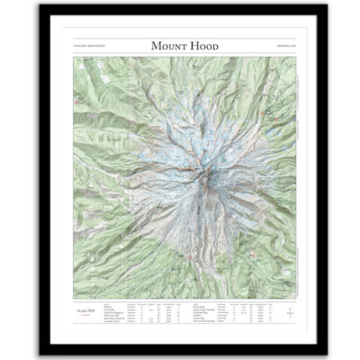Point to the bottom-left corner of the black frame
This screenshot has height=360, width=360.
click(41, 347)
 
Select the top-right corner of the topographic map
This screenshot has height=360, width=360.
click(295, 57)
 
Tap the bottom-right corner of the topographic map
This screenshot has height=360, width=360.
click(295, 299)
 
